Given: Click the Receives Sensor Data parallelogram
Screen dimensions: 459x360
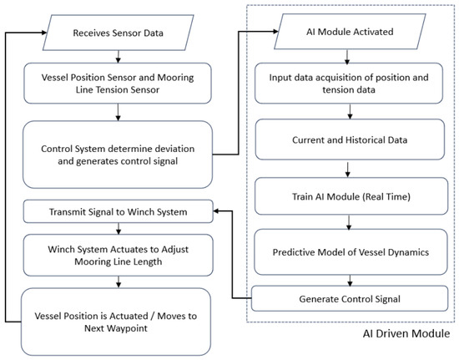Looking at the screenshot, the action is coord(118,33).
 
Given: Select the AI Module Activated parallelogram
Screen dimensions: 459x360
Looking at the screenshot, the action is coord(350,32).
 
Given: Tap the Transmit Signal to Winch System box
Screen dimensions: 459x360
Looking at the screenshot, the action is coord(119,211).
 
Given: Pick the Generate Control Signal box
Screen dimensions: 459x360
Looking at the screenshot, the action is coord(350,298).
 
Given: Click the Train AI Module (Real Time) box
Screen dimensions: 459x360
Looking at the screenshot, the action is coord(351,196).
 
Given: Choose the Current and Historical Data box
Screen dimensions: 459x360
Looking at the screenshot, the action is coord(350,139).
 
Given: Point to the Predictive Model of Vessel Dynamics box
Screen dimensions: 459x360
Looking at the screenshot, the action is coord(351,252).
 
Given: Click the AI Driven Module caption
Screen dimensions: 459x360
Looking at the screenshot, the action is coord(406,333).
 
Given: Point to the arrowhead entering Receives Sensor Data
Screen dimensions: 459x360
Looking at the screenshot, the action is coord(44,33).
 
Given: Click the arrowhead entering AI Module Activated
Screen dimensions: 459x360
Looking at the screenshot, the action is coord(275,32).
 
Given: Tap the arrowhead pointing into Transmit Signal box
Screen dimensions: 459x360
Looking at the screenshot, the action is coord(216,210).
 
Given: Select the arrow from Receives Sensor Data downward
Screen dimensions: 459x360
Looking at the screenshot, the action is coord(118,57).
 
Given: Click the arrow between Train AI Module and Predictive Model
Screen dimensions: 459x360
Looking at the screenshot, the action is coord(349,222).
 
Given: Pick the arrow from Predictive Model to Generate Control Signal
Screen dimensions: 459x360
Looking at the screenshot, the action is coord(350,281).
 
